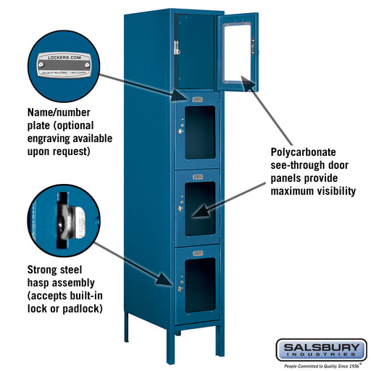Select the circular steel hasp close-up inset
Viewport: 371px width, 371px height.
(61, 215)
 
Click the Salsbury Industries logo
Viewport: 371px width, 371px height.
(320, 350)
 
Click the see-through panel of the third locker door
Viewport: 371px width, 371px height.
(200, 208)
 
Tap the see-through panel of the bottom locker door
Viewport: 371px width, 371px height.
(200, 284)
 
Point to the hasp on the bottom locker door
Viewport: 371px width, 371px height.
(180, 288)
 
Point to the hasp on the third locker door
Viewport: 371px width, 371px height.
(179, 211)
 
